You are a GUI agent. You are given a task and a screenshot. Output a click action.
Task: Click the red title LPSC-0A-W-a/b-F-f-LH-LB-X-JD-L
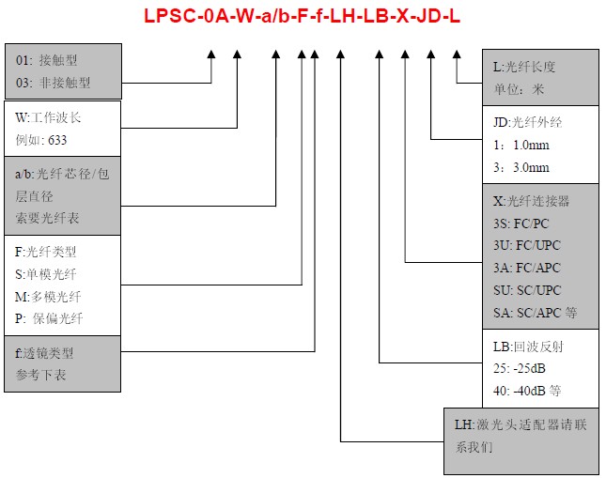(303, 17)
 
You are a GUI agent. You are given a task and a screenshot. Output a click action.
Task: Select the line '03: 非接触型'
(54, 83)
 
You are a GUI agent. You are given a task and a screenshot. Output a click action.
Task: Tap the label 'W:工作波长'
(49, 118)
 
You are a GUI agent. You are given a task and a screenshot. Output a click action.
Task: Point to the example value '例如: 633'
(47, 140)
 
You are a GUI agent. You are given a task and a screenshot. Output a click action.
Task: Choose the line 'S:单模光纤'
(47, 273)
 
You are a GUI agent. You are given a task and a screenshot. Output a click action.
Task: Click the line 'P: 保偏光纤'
(50, 318)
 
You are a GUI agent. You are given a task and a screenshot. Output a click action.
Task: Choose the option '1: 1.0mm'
(521, 146)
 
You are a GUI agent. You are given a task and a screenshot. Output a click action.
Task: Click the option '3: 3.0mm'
(521, 167)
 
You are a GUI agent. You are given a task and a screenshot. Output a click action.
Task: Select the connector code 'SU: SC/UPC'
(527, 290)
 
